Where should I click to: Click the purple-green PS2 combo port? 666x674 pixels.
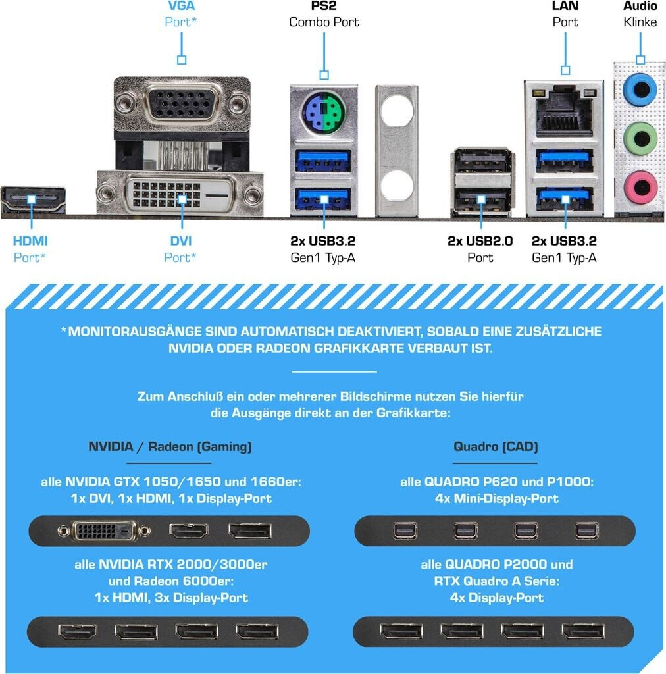(x=323, y=113)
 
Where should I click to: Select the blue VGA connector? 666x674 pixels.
(x=182, y=103)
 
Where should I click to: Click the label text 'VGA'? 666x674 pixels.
(x=181, y=6)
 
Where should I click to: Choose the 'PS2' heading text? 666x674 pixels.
(x=324, y=6)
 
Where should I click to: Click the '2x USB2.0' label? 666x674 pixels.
(x=480, y=241)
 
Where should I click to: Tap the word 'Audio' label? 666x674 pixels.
(x=640, y=6)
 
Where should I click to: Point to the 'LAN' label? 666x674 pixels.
(x=565, y=6)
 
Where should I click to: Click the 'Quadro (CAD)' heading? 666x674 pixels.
(x=496, y=447)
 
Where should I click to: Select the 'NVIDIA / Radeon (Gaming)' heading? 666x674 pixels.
(x=170, y=447)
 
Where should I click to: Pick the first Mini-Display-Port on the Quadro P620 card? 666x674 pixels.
(x=405, y=531)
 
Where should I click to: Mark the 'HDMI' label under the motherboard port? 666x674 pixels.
(x=31, y=241)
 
